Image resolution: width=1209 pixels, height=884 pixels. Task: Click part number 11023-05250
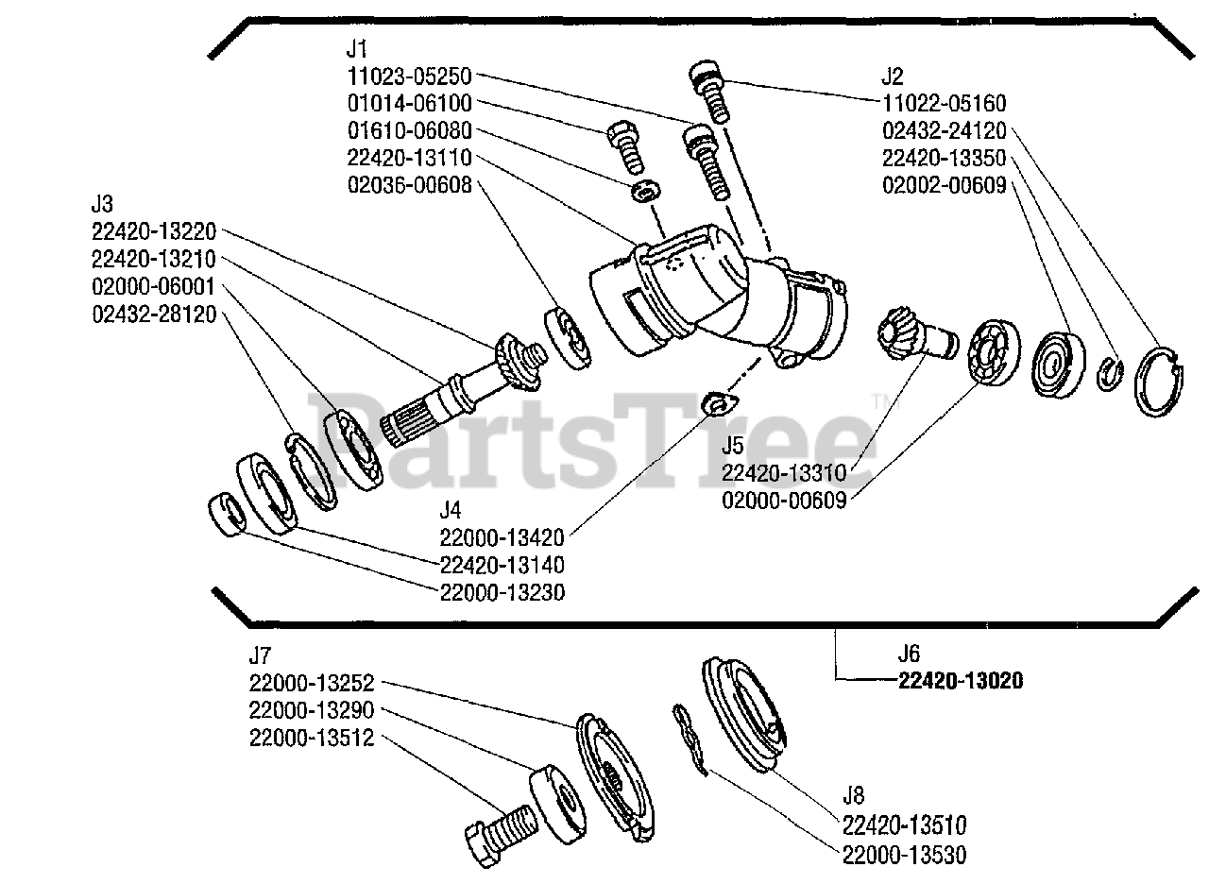tap(408, 76)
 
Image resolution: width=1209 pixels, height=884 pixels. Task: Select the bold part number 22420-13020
tap(961, 681)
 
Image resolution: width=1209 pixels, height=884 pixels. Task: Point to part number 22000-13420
tap(502, 537)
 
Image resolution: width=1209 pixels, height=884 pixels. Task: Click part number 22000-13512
tap(312, 739)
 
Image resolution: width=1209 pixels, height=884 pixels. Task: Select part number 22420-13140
tap(502, 565)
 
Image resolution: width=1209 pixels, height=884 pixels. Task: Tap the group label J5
tap(733, 443)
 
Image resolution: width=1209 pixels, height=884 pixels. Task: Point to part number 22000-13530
tap(904, 855)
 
